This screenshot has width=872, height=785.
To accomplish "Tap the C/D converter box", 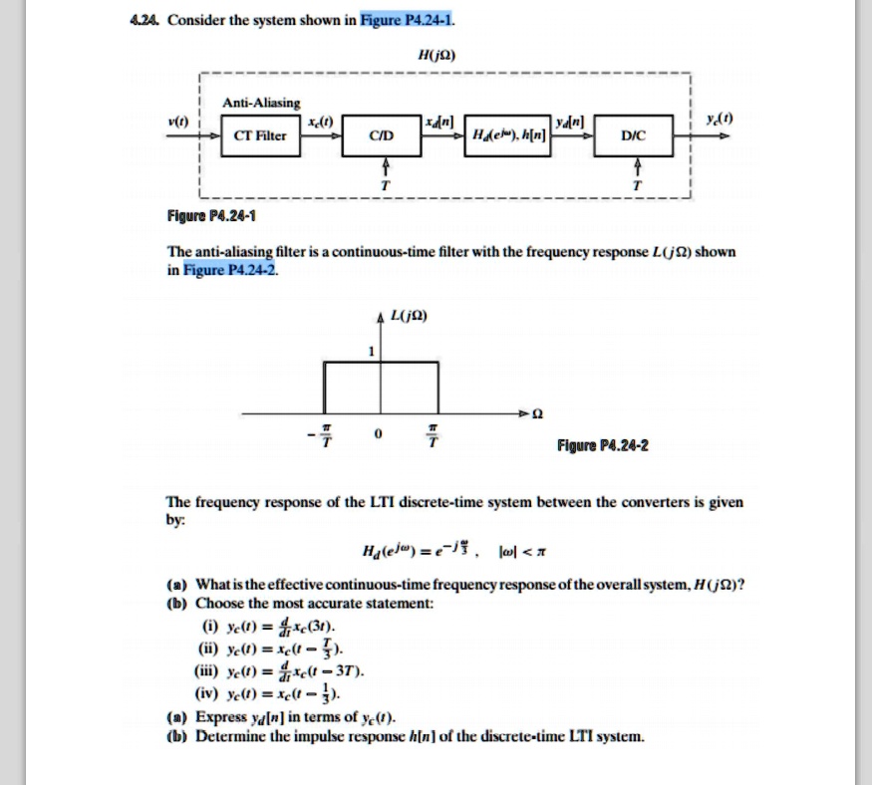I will (x=382, y=135).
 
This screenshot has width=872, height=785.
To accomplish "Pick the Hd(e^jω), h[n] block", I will (x=506, y=135).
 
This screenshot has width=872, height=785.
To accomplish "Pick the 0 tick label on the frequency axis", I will (x=378, y=435).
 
